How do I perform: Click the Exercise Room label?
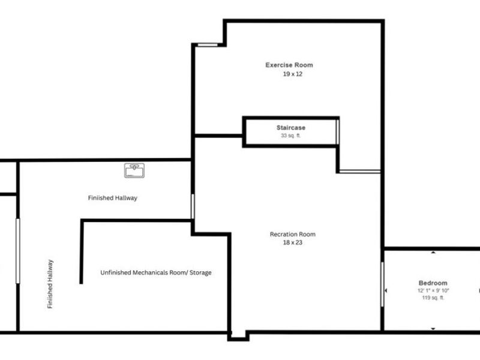click(289, 65)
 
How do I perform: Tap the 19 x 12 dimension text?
click(289, 74)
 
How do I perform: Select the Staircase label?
click(291, 128)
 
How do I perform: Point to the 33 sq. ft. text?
click(291, 136)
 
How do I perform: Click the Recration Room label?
click(292, 234)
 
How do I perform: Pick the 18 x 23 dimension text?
click(292, 242)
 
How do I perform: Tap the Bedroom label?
click(433, 283)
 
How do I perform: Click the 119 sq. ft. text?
click(433, 298)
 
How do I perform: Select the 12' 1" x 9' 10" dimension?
click(433, 290)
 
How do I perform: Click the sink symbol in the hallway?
click(134, 171)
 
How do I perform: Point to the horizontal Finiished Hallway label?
click(113, 197)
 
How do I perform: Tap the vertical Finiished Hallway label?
click(50, 284)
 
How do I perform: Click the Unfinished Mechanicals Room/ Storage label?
click(155, 273)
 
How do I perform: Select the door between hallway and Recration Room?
click(193, 206)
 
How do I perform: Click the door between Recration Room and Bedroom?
click(382, 284)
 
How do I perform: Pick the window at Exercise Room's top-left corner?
click(207, 44)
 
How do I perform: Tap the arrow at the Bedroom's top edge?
click(433, 253)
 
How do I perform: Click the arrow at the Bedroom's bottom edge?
click(433, 328)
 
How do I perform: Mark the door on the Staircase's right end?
click(338, 132)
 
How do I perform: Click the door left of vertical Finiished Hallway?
click(18, 251)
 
